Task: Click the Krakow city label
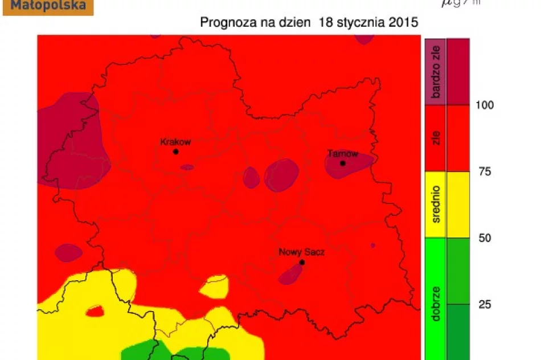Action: tap(175, 142)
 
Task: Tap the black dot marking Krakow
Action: tap(175, 152)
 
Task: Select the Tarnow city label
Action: tap(343, 154)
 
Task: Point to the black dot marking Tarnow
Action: tap(343, 163)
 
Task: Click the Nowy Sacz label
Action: tap(301, 252)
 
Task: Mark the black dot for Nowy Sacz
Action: tap(302, 262)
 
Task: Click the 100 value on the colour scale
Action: tap(485, 105)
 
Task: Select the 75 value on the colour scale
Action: tap(484, 171)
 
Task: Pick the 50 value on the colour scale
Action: tap(485, 238)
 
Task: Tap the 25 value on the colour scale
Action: tap(484, 304)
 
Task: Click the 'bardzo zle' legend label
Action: tap(437, 72)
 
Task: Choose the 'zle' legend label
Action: tap(437, 138)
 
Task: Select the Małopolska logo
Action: tap(48, 7)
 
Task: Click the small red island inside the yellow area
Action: tap(95, 311)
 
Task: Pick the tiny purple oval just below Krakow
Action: tap(187, 167)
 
